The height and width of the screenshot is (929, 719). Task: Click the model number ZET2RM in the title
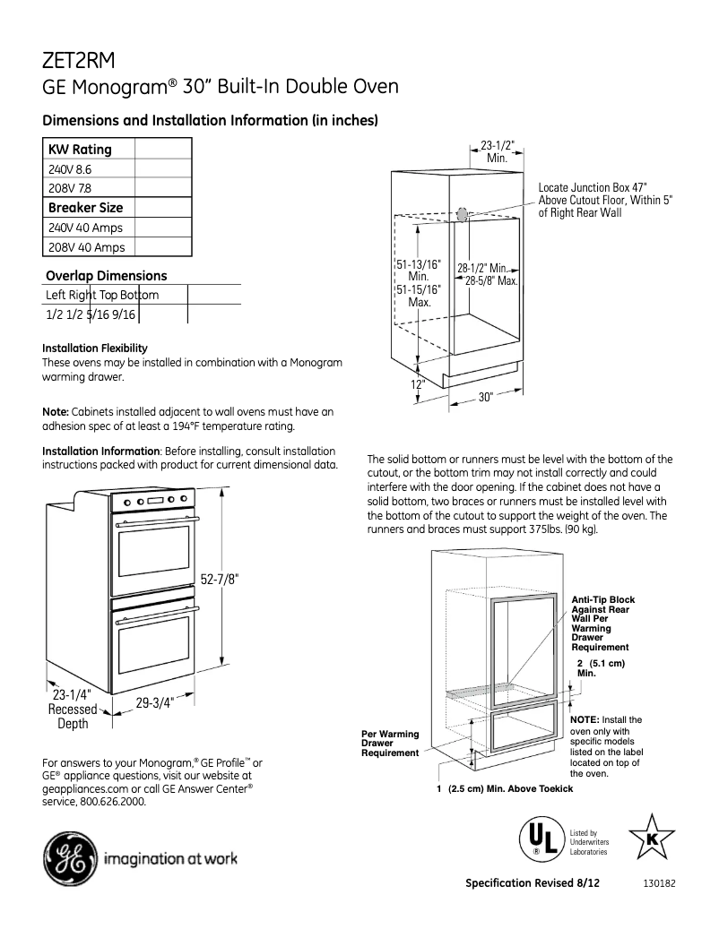coord(80,60)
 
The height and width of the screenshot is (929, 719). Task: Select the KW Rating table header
coord(80,150)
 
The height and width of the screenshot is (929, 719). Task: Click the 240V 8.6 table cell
coord(71,168)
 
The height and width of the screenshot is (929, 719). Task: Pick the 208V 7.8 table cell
coord(71,188)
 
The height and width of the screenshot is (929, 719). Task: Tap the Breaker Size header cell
coord(85,208)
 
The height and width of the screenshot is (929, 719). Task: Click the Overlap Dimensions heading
coord(107,276)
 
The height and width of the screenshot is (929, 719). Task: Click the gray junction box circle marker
coord(462,215)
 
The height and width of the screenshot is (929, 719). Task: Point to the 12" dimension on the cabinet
coord(419,384)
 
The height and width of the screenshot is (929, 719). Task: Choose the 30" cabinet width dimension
coord(486,398)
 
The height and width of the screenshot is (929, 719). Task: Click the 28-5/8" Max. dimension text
coord(492,280)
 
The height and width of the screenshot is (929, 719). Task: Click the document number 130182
coord(659,883)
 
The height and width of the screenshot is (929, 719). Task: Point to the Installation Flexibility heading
coord(95,348)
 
